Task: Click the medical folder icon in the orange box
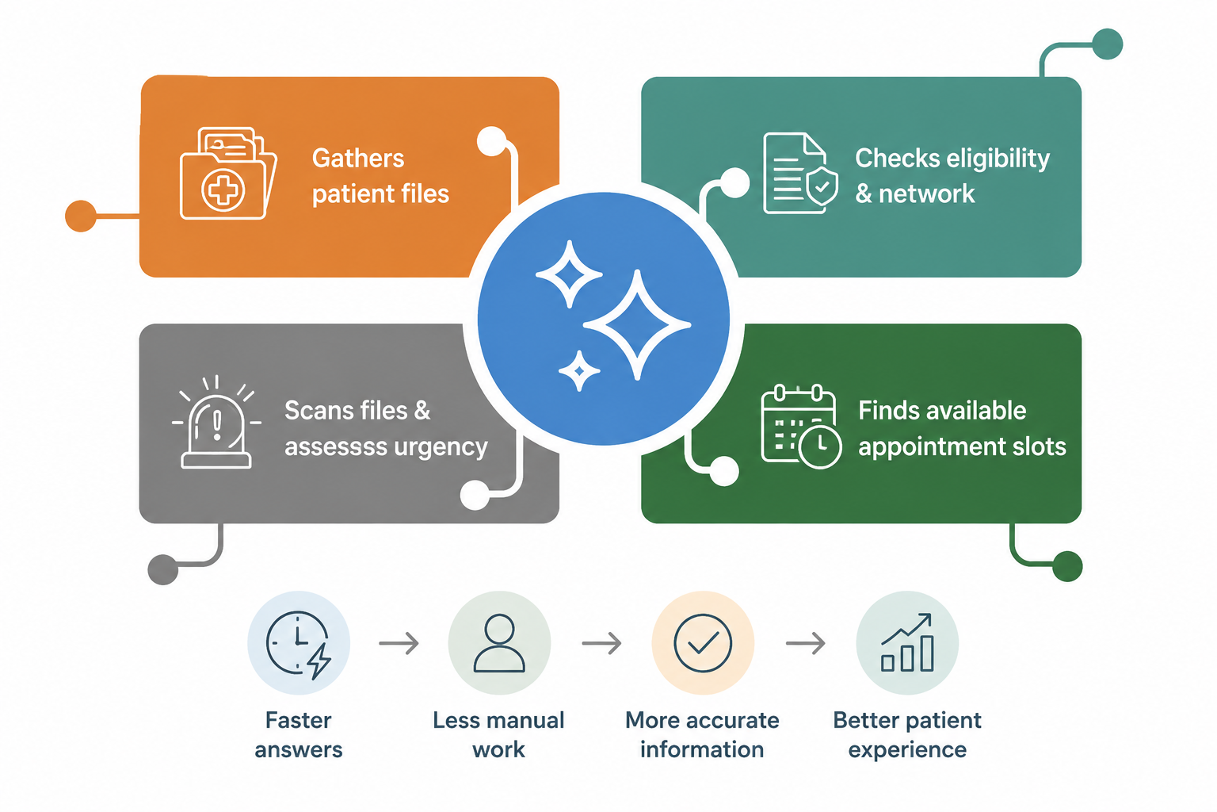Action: point(228,173)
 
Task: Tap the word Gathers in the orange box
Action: point(358,159)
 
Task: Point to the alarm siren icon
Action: point(216,422)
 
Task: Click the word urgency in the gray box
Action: point(441,447)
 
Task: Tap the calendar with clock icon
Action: point(801,427)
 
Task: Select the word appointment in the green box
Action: point(924,447)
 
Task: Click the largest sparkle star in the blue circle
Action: point(637,324)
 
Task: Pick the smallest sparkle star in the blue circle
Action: point(579,371)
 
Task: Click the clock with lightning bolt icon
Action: point(299,645)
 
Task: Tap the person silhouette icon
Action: point(499,643)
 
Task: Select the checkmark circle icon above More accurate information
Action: point(703,643)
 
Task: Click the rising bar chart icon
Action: point(906,642)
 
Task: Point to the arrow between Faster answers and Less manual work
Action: point(399,643)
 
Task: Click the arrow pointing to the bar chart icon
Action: point(806,643)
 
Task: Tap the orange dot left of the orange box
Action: point(81,216)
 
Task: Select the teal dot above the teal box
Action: point(1107,44)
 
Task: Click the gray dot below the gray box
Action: point(163,569)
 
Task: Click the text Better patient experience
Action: point(907,735)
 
